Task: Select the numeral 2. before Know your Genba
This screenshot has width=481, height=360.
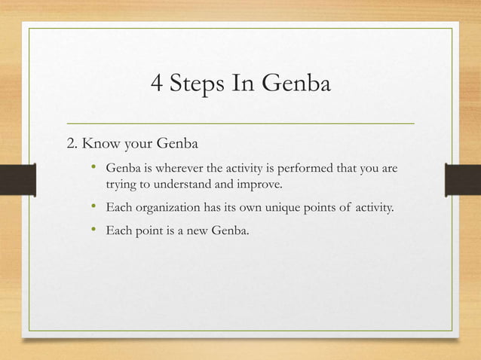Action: (73, 142)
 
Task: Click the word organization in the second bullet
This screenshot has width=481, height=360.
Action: (163, 207)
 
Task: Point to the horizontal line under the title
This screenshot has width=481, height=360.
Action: (240, 121)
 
